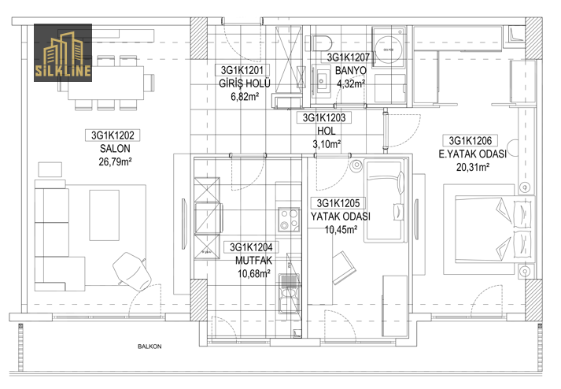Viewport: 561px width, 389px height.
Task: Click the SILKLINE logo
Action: click(63, 53)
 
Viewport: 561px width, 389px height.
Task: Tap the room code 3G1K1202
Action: click(113, 135)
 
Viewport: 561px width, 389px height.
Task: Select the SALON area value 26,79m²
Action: click(115, 162)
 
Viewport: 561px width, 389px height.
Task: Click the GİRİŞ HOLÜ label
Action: click(245, 83)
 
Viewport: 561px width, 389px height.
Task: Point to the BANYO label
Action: click(351, 71)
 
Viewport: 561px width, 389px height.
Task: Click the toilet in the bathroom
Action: click(319, 43)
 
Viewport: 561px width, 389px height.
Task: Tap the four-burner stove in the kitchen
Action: click(289, 219)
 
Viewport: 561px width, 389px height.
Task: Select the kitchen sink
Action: click(289, 293)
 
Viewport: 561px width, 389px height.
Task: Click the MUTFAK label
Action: click(253, 261)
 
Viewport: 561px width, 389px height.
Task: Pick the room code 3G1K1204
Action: click(251, 247)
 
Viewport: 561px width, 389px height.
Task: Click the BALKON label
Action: click(149, 346)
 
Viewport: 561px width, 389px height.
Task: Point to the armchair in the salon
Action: click(131, 271)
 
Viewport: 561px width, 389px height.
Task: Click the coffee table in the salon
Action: click(104, 215)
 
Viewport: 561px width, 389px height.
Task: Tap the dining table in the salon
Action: click(106, 83)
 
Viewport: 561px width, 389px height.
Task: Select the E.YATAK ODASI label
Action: click(473, 154)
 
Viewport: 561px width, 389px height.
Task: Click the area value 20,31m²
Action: click(473, 167)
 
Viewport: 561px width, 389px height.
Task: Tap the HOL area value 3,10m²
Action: click(327, 144)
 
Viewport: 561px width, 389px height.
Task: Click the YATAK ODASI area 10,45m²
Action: click(341, 230)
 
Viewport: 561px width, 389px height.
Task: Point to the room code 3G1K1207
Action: click(348, 57)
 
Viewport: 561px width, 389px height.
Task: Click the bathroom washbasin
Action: click(321, 81)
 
